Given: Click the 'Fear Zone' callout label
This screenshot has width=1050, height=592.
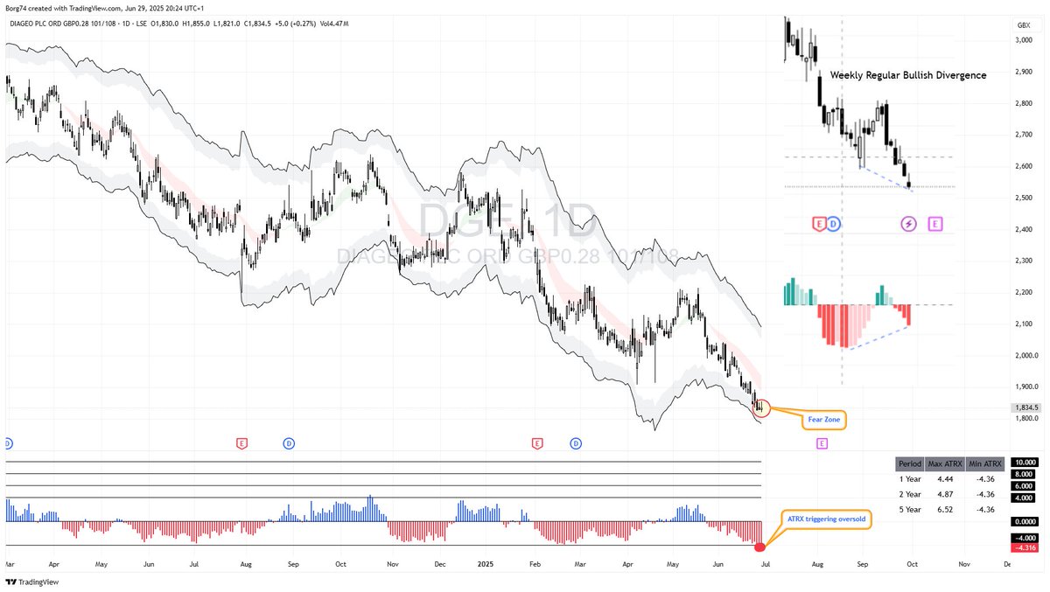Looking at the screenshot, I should point(823,420).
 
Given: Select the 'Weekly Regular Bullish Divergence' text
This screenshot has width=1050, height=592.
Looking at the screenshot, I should point(908,75).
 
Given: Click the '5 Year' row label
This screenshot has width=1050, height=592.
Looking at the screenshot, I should point(910,508).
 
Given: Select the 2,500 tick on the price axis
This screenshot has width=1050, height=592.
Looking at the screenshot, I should point(1023,198).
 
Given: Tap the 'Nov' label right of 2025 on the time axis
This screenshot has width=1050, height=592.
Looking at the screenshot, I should point(964,565).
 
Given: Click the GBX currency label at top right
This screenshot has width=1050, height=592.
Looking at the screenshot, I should point(1023,26).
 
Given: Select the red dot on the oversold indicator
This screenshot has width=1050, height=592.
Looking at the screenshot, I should point(759,547).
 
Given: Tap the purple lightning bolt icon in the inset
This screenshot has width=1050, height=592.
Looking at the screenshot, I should point(908,225).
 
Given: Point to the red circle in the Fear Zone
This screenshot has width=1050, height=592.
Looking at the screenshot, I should point(760,406).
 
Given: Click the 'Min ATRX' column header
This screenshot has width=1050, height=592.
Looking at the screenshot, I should point(985,463).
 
